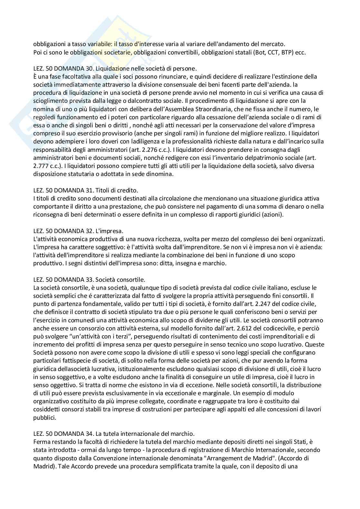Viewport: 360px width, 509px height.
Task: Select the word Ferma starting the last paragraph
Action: (42, 442)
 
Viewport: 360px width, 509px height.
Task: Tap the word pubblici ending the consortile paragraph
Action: (45, 417)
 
